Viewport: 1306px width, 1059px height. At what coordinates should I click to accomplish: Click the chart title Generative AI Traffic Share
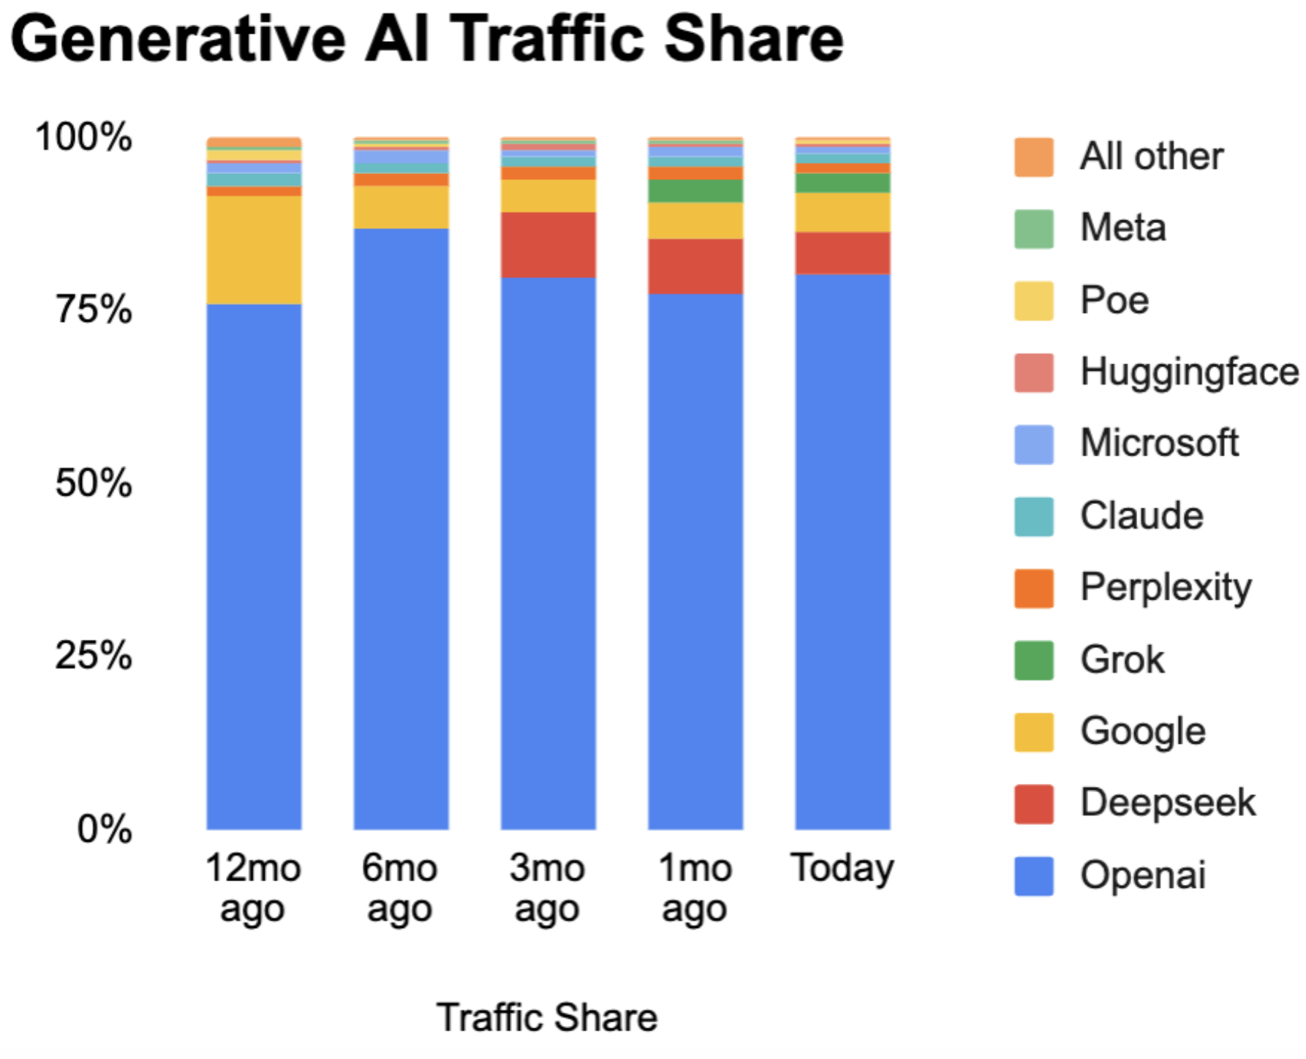pyautogui.click(x=427, y=39)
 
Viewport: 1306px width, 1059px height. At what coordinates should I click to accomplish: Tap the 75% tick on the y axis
pyautogui.click(x=94, y=309)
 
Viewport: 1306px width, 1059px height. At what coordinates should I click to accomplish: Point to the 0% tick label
pyautogui.click(x=105, y=829)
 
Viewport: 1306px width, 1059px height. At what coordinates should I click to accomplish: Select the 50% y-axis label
pyautogui.click(x=94, y=483)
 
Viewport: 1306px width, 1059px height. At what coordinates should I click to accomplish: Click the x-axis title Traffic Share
pyautogui.click(x=547, y=1017)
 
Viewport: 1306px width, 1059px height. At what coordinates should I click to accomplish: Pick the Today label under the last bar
pyautogui.click(x=842, y=869)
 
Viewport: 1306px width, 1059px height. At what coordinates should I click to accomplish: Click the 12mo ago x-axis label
pyautogui.click(x=253, y=888)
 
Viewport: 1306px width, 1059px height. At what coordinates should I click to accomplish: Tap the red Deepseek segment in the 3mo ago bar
pyautogui.click(x=548, y=245)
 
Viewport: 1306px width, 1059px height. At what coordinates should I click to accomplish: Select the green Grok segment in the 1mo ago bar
pyautogui.click(x=695, y=191)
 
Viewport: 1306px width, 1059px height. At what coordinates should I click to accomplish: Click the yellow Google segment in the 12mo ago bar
pyautogui.click(x=254, y=249)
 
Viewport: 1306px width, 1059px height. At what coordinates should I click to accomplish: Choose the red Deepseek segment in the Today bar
pyautogui.click(x=842, y=253)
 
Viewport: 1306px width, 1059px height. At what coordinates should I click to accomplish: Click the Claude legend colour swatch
pyautogui.click(x=1033, y=516)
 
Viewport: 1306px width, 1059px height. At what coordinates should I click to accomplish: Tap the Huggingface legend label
pyautogui.click(x=1189, y=372)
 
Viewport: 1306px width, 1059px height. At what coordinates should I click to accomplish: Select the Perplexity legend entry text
pyautogui.click(x=1166, y=587)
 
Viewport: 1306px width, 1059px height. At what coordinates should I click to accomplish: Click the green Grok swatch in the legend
pyautogui.click(x=1033, y=660)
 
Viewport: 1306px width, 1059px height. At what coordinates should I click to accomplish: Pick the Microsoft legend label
pyautogui.click(x=1159, y=443)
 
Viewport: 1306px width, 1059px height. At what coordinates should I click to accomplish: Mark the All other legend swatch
pyautogui.click(x=1033, y=157)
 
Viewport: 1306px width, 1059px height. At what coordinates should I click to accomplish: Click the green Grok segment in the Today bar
pyautogui.click(x=842, y=183)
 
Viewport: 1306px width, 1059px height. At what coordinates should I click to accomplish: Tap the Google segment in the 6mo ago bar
pyautogui.click(x=401, y=207)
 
